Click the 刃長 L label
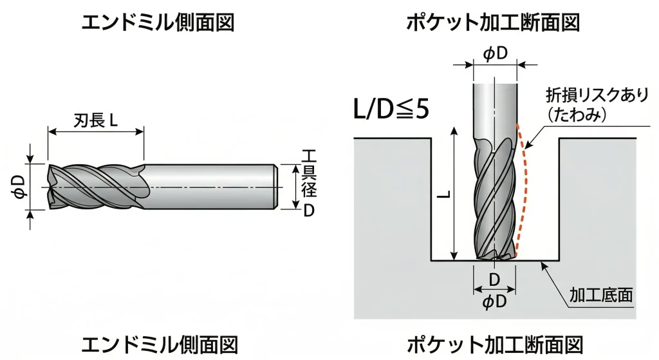point(95,120)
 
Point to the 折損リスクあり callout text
point(597,95)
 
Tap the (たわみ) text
point(577,115)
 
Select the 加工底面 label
point(601,295)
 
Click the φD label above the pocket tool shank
point(495,53)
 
